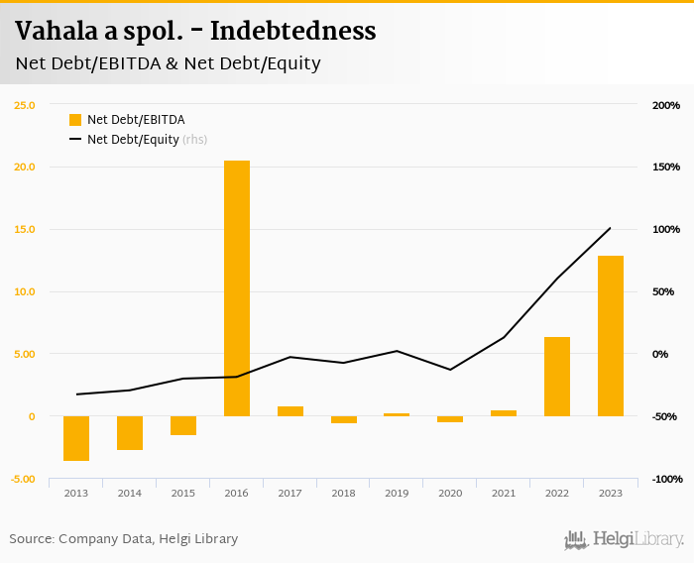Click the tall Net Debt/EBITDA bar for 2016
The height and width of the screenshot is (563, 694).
[x=236, y=287]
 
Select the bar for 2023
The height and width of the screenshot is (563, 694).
[x=611, y=335]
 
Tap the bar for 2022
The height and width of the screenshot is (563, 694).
[x=557, y=376]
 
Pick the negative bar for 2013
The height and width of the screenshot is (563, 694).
[x=76, y=438]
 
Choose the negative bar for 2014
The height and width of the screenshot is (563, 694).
[x=130, y=433]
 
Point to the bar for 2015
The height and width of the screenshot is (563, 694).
[x=183, y=425]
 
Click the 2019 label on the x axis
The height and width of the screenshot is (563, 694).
[x=397, y=493]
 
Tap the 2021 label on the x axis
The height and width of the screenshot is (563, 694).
[x=504, y=493]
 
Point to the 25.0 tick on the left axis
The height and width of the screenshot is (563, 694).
[x=24, y=105]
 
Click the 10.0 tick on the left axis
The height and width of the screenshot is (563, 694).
[x=24, y=291]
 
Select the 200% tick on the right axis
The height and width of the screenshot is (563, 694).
[x=665, y=105]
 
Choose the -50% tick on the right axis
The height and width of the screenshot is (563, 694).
[x=665, y=416]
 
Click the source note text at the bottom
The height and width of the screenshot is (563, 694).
[x=124, y=539]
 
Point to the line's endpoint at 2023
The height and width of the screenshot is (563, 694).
[x=611, y=228]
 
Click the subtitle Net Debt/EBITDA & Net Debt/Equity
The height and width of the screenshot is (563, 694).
[x=168, y=63]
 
